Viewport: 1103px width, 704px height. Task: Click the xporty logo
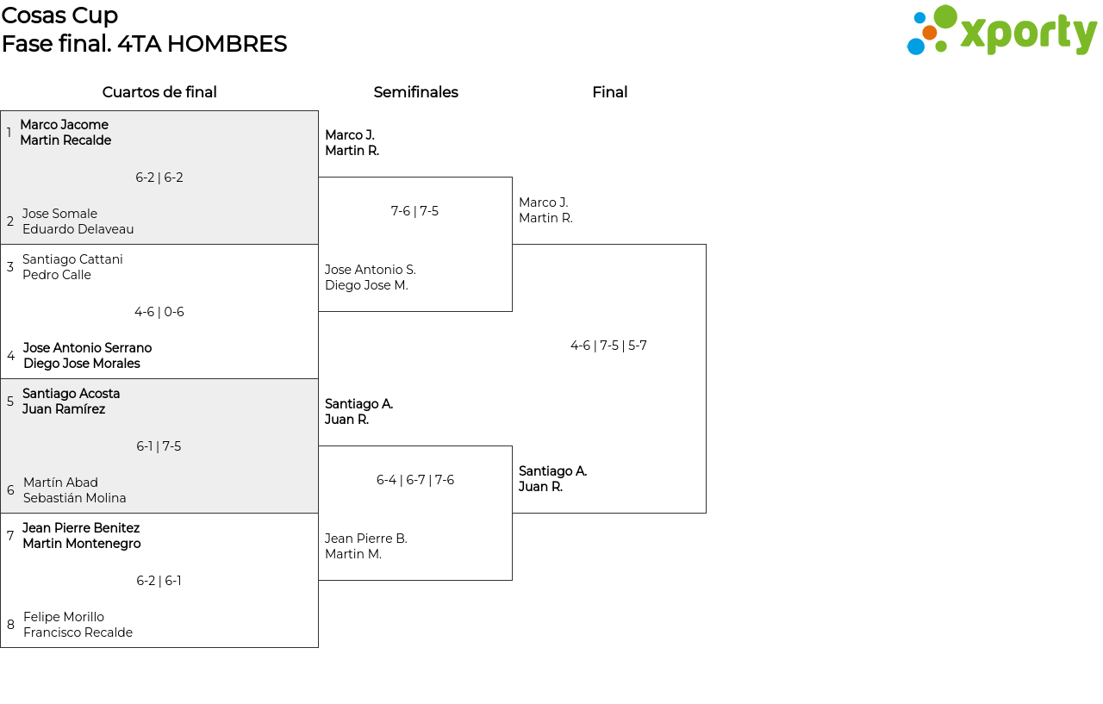click(1001, 30)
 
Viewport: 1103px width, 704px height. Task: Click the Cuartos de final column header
click(159, 92)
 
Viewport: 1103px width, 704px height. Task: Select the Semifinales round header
click(415, 92)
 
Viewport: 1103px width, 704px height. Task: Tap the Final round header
click(609, 92)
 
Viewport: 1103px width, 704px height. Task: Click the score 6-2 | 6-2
click(159, 178)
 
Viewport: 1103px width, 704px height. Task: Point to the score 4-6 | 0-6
click(159, 312)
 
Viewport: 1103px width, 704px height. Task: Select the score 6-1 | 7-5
click(159, 446)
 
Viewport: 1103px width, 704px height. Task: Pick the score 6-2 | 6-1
click(159, 581)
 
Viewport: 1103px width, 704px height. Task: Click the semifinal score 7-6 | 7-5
click(414, 211)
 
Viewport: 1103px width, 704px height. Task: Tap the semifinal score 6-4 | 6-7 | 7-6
click(415, 479)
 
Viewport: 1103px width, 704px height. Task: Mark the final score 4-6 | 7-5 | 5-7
click(608, 346)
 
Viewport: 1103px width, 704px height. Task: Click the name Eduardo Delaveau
click(78, 229)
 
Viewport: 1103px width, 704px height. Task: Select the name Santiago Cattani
click(72, 259)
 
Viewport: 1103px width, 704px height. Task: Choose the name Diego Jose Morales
click(82, 364)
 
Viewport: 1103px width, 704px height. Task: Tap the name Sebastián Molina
click(74, 498)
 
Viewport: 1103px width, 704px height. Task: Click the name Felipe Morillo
click(64, 617)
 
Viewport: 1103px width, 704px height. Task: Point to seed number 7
click(10, 535)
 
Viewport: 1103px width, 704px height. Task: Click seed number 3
click(9, 266)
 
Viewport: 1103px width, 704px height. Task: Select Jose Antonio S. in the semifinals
click(371, 270)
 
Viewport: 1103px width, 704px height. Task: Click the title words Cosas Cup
click(59, 16)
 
